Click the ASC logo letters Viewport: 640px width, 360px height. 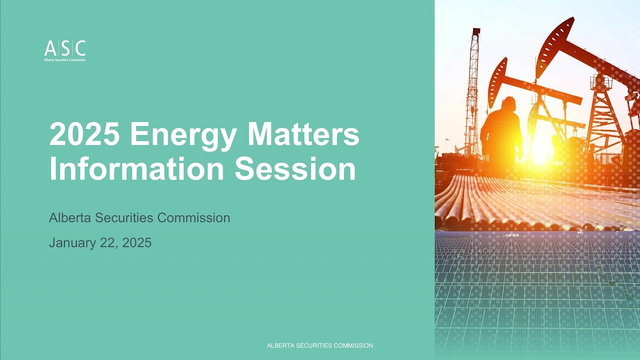65,48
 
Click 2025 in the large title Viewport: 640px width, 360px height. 84,134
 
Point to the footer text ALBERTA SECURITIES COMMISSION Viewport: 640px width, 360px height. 320,345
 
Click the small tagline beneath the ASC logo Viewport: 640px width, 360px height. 65,60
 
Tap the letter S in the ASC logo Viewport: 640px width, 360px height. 65,48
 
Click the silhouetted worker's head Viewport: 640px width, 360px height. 508,104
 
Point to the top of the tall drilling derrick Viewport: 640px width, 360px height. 475,32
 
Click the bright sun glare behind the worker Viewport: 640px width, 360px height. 540,152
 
